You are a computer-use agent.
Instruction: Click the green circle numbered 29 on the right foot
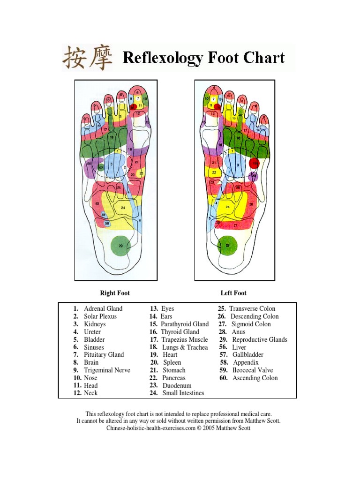click(x=121, y=246)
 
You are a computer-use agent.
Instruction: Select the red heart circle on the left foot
click(x=254, y=164)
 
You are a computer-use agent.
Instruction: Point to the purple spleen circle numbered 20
click(x=254, y=176)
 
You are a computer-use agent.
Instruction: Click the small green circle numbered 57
click(x=101, y=168)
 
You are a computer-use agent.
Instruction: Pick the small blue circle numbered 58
click(x=107, y=224)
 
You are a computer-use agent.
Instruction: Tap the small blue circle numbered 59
click(x=104, y=214)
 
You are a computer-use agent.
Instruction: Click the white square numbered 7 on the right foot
click(x=138, y=99)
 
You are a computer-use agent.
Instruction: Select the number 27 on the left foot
click(x=235, y=225)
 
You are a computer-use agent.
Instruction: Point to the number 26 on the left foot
click(x=251, y=204)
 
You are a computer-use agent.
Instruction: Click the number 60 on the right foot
click(x=97, y=204)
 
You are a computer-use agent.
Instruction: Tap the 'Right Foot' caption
click(x=115, y=293)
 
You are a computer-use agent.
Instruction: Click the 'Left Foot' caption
click(x=233, y=293)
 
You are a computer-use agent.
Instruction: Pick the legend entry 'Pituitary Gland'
click(x=104, y=355)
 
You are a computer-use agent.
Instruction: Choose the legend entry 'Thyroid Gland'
click(x=180, y=332)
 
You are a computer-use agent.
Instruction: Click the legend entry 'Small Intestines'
click(x=183, y=393)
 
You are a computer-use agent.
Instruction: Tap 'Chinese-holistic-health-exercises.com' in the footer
click(x=150, y=428)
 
